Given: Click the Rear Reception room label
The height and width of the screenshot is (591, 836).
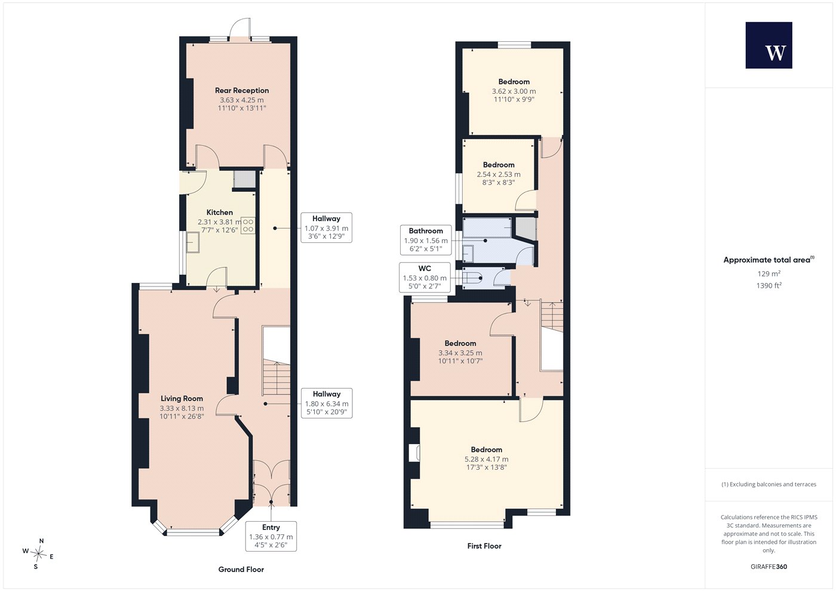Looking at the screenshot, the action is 242,90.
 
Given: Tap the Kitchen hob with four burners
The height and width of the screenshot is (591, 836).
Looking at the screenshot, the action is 248,226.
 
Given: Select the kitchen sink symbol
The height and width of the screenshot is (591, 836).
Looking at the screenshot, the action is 193,242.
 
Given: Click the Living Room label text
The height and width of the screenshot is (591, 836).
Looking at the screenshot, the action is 182,399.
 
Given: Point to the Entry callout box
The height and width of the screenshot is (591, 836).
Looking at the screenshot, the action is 271,536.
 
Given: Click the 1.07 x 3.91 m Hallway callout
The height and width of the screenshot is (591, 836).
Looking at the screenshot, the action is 326,227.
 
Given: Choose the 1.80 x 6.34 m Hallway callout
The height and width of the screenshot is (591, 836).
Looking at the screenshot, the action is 327,403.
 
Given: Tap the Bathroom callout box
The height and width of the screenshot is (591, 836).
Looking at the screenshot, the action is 426,240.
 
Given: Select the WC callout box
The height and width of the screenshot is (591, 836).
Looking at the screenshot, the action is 425,278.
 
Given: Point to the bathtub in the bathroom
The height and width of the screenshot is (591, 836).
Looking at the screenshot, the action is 487,227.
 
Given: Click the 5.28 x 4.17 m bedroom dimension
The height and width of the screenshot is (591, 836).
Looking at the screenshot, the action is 486,459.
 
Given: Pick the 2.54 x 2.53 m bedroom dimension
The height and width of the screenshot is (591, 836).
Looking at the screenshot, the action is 499,174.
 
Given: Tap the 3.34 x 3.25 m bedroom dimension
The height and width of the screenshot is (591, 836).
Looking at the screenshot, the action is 460,353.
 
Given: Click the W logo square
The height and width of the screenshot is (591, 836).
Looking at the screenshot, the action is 769,45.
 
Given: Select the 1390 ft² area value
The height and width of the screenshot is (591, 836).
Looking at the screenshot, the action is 769,285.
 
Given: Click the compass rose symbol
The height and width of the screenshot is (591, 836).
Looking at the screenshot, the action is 38,554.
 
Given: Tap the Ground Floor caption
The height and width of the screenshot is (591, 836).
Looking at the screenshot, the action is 241,570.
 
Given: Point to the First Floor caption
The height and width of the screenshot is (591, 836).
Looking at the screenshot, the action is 484,546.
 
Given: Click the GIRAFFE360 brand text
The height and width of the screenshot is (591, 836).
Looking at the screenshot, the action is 769,567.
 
